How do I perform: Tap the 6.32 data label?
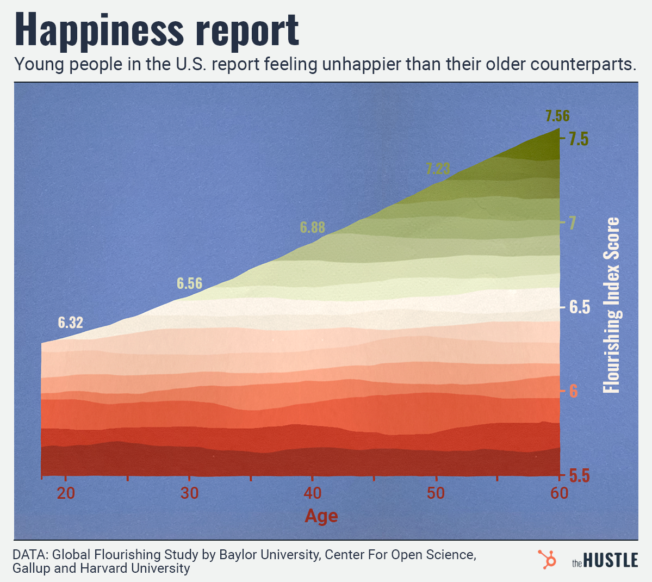pyautogui.click(x=71, y=323)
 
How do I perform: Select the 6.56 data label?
pyautogui.click(x=189, y=283)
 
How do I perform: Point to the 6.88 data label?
pyautogui.click(x=313, y=227)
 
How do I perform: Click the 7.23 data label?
pyautogui.click(x=438, y=169)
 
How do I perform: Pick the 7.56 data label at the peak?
pyautogui.click(x=557, y=116)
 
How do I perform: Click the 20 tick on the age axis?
pyautogui.click(x=66, y=493)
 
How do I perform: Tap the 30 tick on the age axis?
pyautogui.click(x=189, y=493)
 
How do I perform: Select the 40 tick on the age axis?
pyautogui.click(x=313, y=493)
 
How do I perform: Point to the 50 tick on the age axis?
pyautogui.click(x=436, y=493)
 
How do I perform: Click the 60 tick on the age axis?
pyautogui.click(x=559, y=493)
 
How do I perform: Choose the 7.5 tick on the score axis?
pyautogui.click(x=579, y=139)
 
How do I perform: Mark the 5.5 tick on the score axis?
pyautogui.click(x=579, y=476)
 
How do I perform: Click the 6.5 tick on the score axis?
pyautogui.click(x=579, y=307)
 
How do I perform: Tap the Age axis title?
pyautogui.click(x=321, y=516)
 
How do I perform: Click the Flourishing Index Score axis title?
pyautogui.click(x=612, y=305)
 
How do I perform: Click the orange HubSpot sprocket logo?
pyautogui.click(x=547, y=560)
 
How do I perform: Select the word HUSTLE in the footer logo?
pyautogui.click(x=612, y=561)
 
